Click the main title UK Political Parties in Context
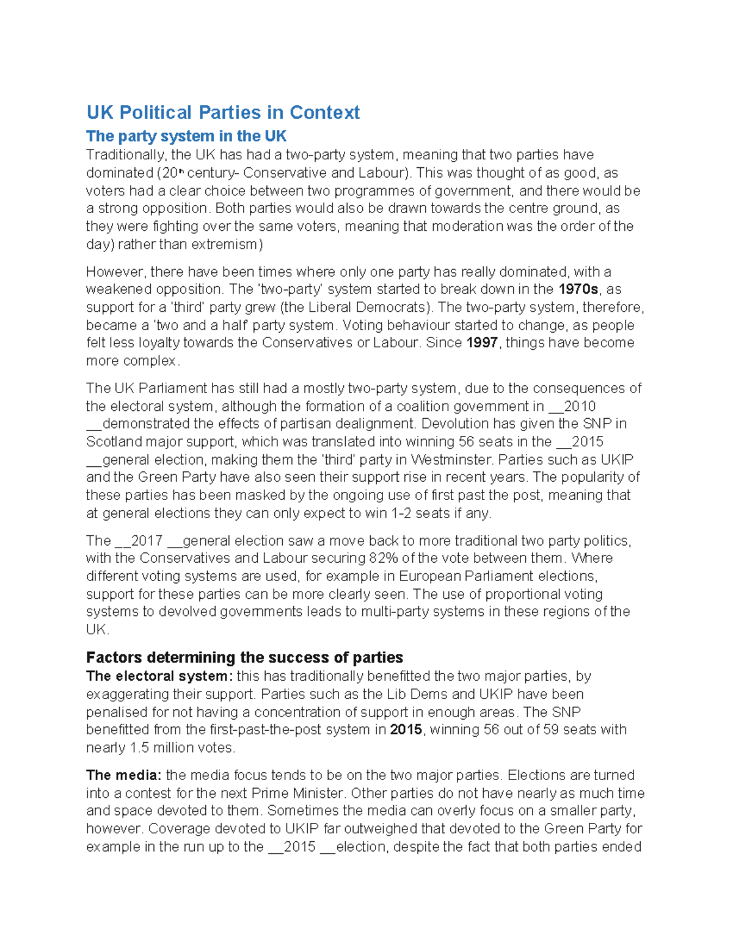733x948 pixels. tap(223, 112)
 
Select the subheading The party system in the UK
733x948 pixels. tap(186, 136)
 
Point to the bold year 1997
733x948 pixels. tap(482, 343)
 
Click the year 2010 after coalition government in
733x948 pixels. tap(580, 407)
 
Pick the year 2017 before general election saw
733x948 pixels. tap(147, 541)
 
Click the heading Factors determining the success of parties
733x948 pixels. tap(244, 657)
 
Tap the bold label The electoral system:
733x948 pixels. tap(159, 676)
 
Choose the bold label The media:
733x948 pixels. tap(124, 775)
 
